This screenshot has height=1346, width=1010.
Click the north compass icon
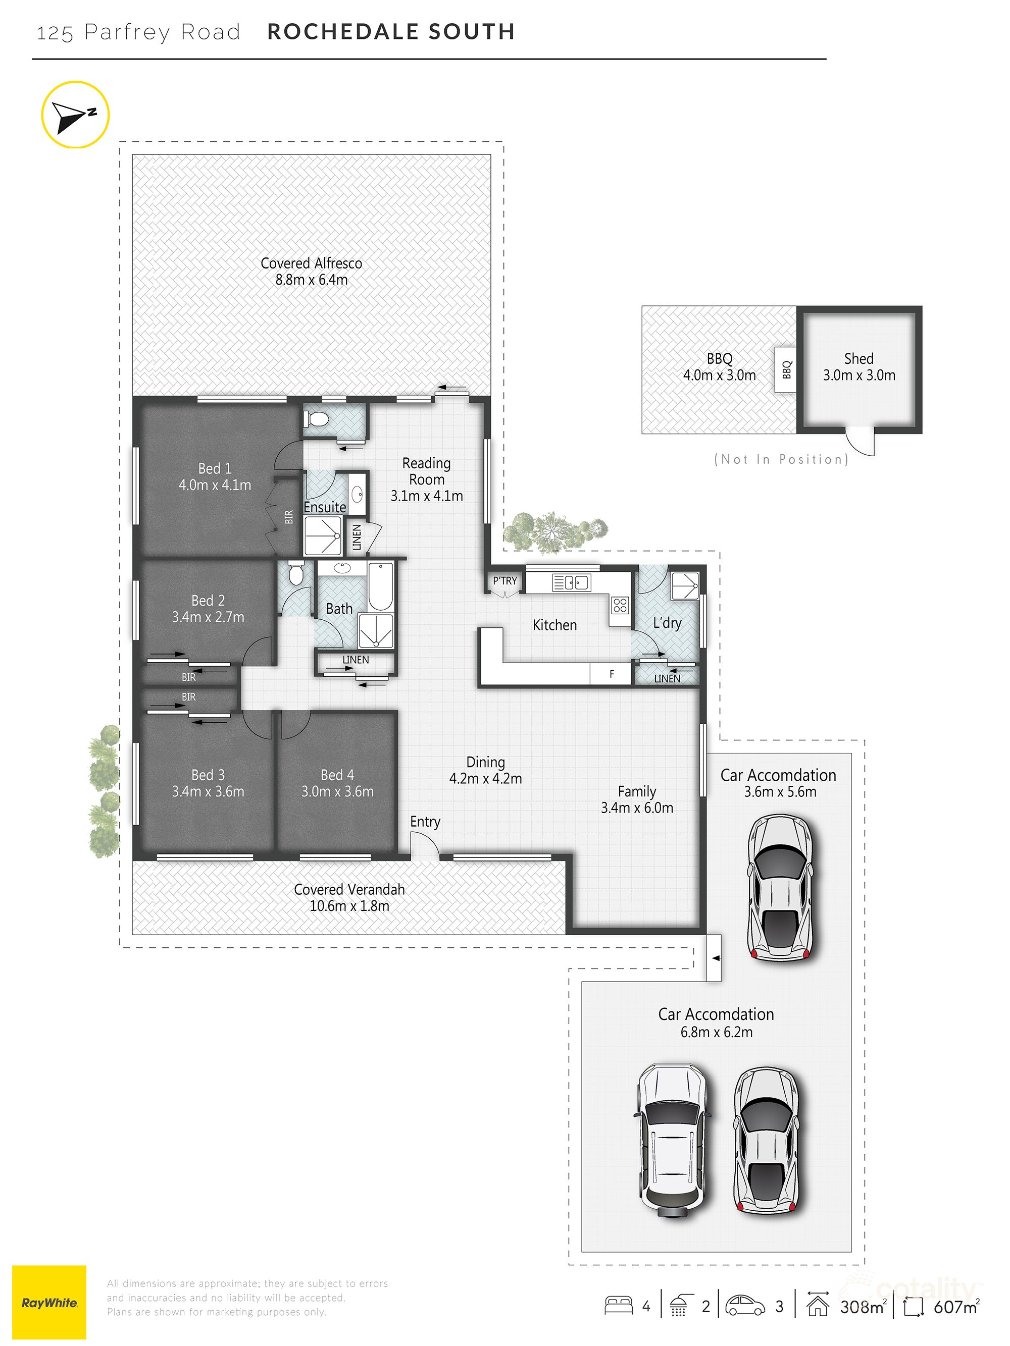coord(75,115)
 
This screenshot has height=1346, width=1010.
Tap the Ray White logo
coord(49,1302)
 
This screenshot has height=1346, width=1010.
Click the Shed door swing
coord(862,442)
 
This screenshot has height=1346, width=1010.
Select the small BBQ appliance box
coord(786,369)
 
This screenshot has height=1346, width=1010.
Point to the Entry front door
coord(424,846)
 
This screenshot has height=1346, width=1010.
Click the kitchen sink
coord(571,583)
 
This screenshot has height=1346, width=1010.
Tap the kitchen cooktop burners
coord(620,605)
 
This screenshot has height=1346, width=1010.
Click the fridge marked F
coord(611,674)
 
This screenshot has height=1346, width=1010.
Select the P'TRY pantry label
coord(504,580)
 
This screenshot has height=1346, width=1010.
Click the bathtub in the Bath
coord(380,586)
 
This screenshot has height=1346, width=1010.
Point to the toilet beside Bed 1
coord(317,419)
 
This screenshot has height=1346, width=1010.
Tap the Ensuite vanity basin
coord(358,494)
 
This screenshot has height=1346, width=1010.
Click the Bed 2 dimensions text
coord(208,617)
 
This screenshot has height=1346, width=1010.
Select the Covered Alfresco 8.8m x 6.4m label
coord(311,272)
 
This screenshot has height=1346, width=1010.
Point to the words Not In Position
coord(781,459)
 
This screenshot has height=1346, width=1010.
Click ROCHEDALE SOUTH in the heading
coord(391,32)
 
